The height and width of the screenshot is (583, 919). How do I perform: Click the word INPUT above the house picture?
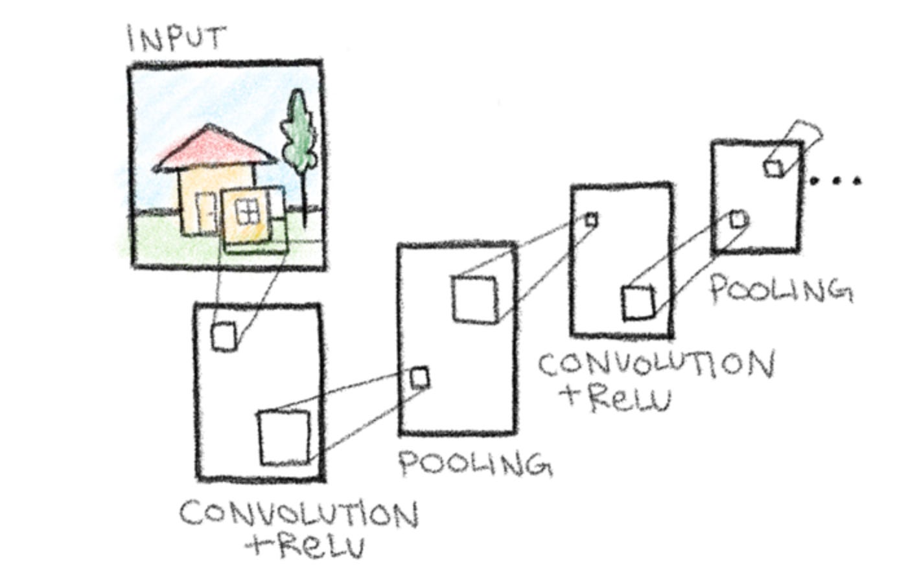point(176,38)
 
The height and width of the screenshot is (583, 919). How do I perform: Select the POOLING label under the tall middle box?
point(475,463)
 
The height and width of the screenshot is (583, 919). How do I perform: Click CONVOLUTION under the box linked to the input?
point(299,514)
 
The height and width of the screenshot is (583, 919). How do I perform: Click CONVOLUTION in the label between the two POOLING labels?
point(656,365)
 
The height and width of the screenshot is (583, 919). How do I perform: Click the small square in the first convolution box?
point(224,336)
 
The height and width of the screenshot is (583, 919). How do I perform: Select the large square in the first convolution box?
point(285,437)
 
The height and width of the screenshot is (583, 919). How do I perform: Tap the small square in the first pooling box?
point(419,378)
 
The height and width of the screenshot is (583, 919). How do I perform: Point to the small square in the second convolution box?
point(590,220)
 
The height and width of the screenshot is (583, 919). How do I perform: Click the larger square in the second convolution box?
point(638,303)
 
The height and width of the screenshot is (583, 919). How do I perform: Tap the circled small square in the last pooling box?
point(738,220)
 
